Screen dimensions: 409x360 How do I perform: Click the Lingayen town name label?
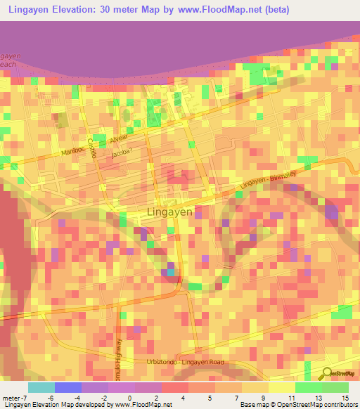coord(168,211)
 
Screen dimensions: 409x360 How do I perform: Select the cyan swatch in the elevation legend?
coord(41,387)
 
